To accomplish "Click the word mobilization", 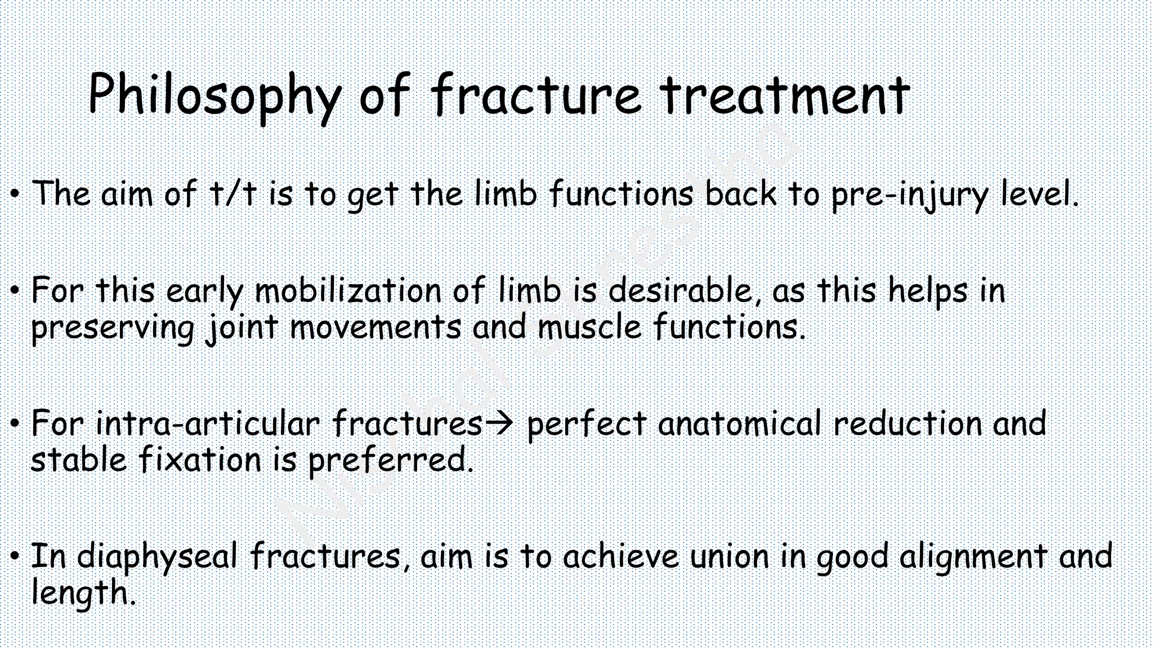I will pyautogui.click(x=348, y=291).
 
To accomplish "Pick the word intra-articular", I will pyautogui.click(x=208, y=423).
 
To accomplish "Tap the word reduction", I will pyautogui.click(x=908, y=423).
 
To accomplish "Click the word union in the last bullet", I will pyautogui.click(x=730, y=556).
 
